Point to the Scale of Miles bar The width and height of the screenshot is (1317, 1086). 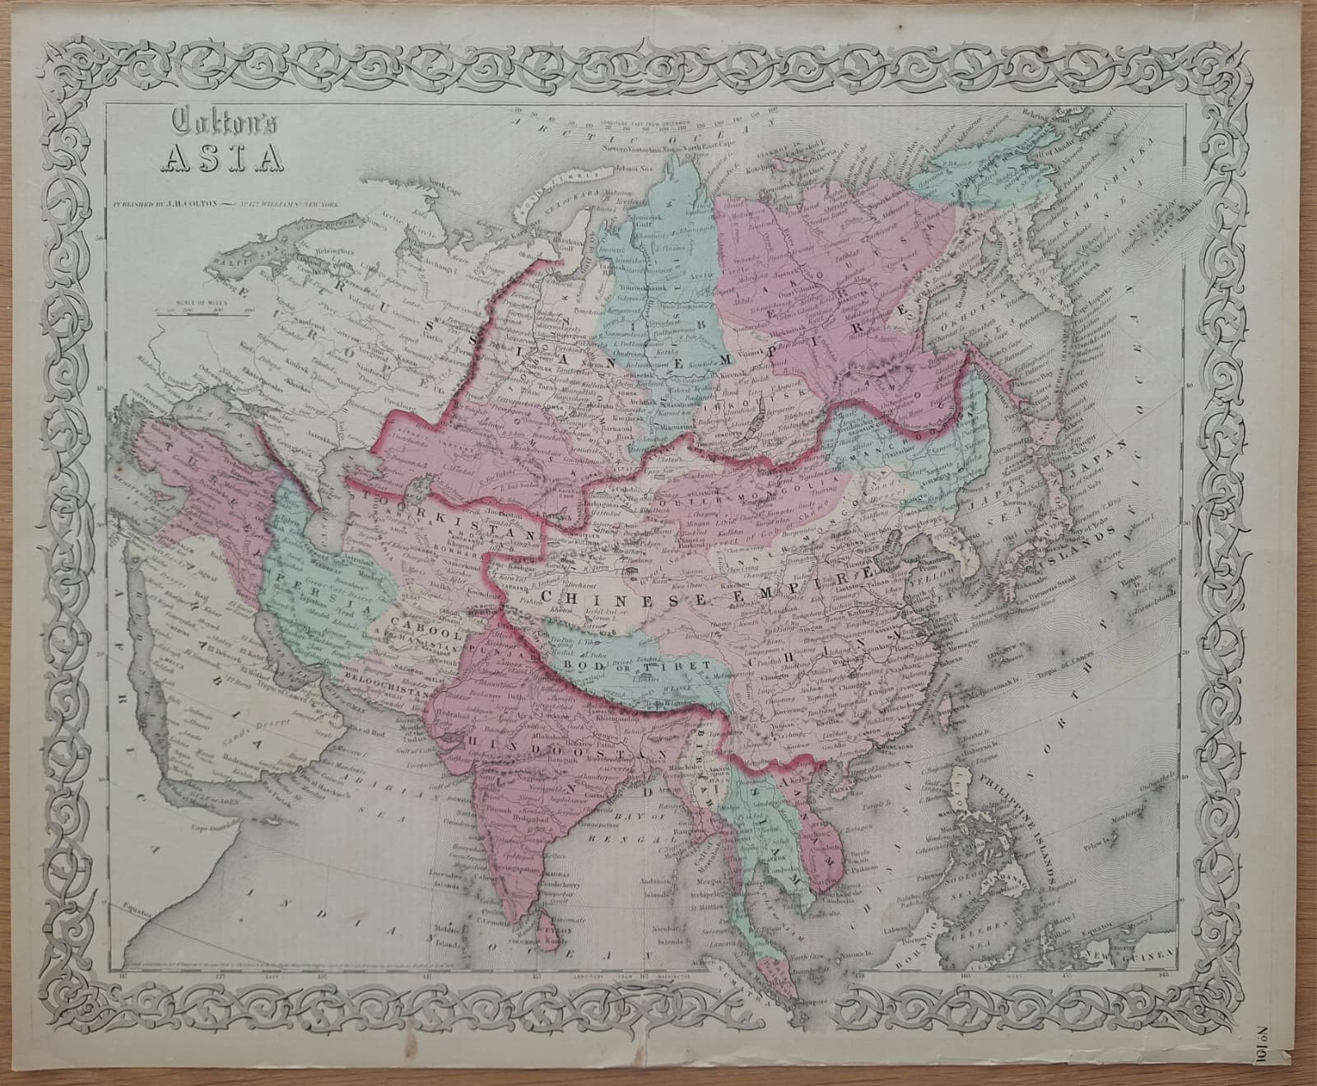198,313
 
